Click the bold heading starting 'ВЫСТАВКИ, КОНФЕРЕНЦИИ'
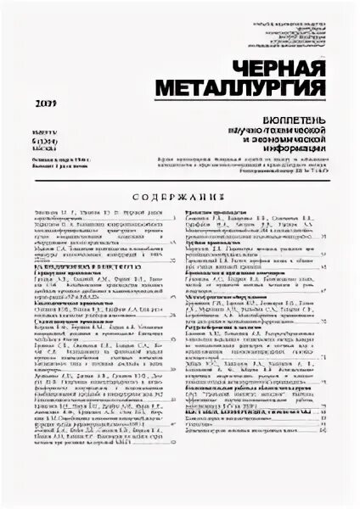point(255,410)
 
